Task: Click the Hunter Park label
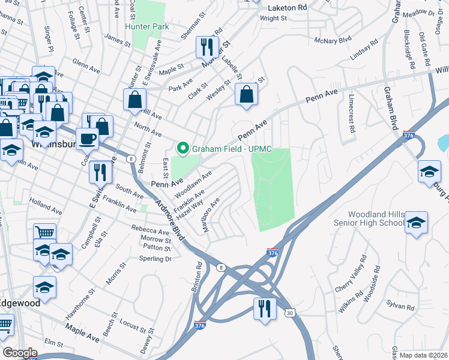pos(147,26)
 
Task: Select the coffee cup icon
pos(88,138)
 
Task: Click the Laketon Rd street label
pos(287,8)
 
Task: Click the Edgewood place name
pos(20,303)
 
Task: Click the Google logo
pos(20,353)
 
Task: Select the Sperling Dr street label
pos(155,259)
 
